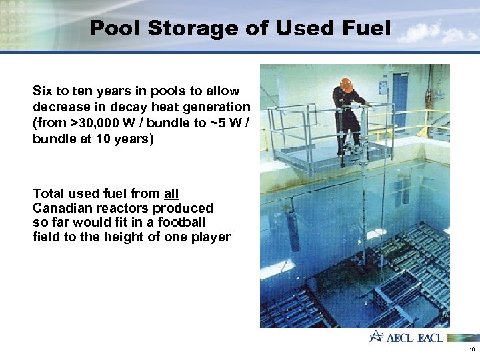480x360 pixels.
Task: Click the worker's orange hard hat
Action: [x=346, y=84]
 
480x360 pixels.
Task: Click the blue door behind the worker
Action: [x=400, y=100]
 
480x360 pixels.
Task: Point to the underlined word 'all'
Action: [x=171, y=194]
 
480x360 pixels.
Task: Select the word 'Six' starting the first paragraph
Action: [x=43, y=91]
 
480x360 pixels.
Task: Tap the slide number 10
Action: [x=471, y=349]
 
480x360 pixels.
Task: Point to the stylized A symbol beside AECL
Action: [x=377, y=336]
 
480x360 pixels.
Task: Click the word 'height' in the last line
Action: [x=134, y=237]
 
